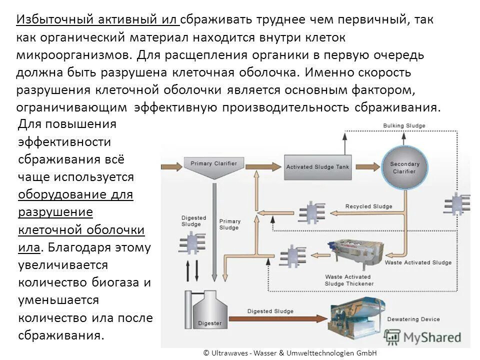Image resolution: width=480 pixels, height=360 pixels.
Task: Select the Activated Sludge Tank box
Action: coord(317,167)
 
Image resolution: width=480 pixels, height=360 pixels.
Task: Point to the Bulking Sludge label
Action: coord(404,125)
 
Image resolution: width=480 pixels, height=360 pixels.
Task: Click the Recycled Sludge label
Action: coord(368,206)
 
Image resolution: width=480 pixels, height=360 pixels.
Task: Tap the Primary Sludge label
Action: coord(229,224)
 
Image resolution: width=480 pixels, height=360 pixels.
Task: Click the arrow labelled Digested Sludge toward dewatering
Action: coord(280,312)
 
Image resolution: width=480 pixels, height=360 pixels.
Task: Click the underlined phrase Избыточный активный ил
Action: coord(98,19)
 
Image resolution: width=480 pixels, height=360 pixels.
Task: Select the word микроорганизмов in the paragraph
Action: coord(73,54)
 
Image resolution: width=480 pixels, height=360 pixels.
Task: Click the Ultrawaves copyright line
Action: coord(289,352)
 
